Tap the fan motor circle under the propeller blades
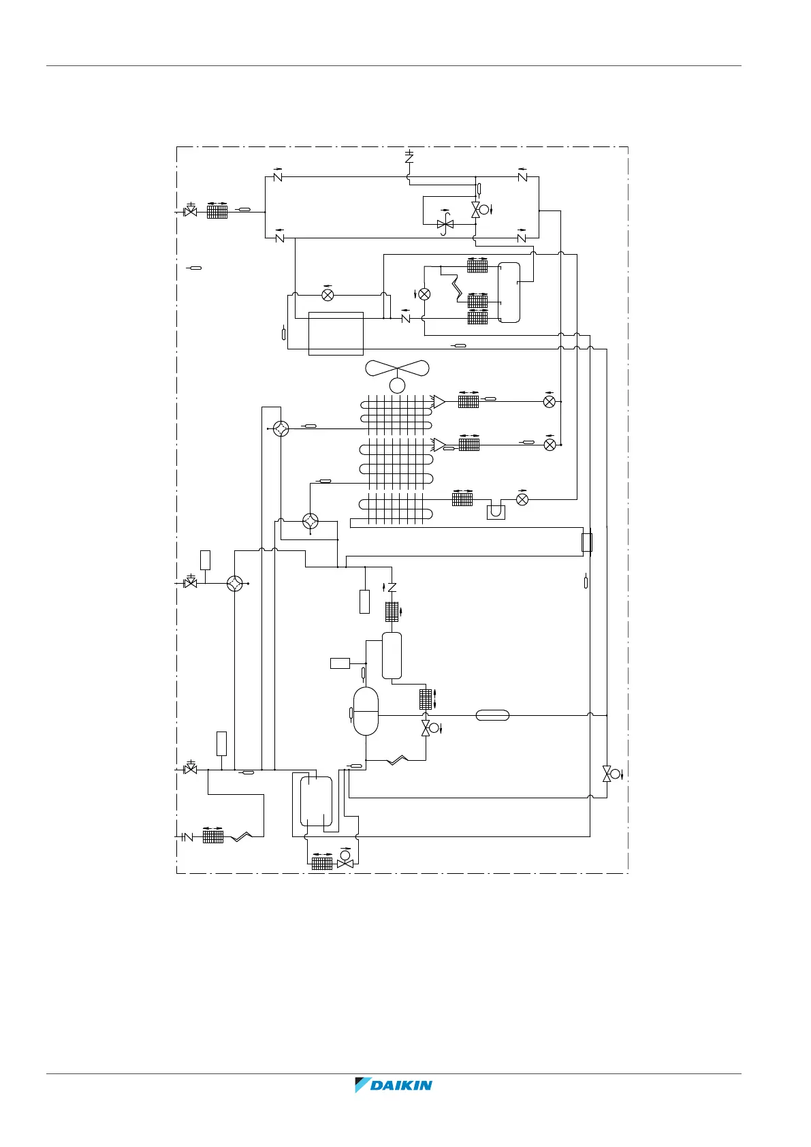click(397, 386)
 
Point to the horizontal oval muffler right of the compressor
click(492, 715)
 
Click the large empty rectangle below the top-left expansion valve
click(336, 333)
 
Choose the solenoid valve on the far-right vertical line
click(607, 773)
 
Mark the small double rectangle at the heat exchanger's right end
click(586, 543)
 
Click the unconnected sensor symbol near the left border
click(195, 268)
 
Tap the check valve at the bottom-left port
click(188, 836)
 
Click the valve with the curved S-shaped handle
click(445, 224)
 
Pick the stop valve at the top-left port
click(191, 212)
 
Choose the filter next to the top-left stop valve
click(217, 212)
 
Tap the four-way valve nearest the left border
click(235, 584)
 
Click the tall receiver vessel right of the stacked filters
click(509, 292)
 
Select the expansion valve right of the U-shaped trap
click(522, 499)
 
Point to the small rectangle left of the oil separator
click(340, 663)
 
